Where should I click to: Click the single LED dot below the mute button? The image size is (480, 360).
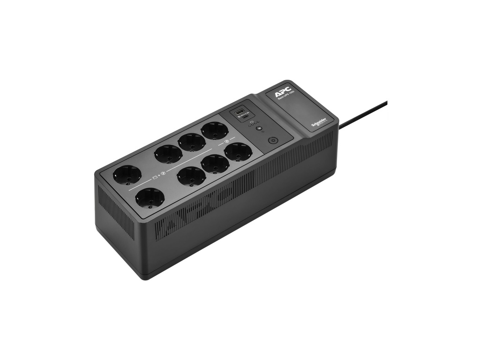263,132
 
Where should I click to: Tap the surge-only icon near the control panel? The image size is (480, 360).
227,141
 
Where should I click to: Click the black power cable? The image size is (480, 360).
363,114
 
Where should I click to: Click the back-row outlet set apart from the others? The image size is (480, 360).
127,175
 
